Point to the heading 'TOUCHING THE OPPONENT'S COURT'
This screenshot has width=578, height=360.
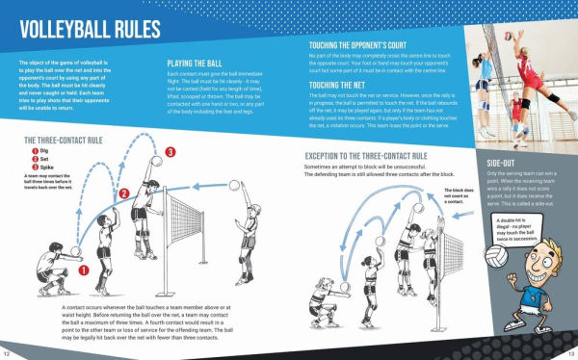(x=371, y=45)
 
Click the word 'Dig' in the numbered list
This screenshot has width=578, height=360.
(x=45, y=151)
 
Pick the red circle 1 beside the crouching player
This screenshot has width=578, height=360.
(x=84, y=270)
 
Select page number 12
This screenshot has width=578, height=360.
(x=8, y=353)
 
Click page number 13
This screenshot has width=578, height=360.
(x=569, y=353)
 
